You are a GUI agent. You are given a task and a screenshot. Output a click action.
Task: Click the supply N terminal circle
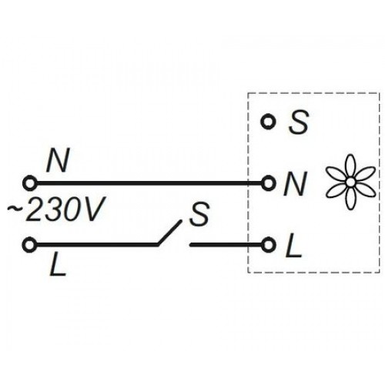[x=30, y=183]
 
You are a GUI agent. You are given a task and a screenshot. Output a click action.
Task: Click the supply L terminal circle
[x=30, y=244]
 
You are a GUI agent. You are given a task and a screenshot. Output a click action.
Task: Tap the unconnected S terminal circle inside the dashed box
[x=268, y=122]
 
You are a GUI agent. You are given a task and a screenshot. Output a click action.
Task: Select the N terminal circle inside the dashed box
[x=268, y=183]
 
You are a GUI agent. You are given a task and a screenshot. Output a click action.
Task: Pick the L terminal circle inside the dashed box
[x=268, y=244]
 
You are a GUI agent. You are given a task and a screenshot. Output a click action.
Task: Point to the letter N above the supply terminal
[x=58, y=161]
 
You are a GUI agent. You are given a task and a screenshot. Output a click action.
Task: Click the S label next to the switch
[x=199, y=214]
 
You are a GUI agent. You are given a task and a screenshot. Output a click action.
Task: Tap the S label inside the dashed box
[x=298, y=122]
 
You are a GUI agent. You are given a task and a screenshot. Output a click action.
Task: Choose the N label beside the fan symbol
[x=295, y=184]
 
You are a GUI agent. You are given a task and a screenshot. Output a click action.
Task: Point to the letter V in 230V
[x=92, y=209]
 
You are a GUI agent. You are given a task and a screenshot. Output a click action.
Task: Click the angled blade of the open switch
[x=169, y=233]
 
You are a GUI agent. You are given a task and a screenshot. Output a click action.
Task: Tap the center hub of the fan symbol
[x=350, y=182]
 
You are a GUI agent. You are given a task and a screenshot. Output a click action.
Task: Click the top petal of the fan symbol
[x=350, y=166]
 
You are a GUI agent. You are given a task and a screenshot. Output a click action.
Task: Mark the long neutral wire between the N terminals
[x=149, y=183]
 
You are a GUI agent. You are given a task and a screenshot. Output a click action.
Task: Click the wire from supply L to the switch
[x=97, y=244]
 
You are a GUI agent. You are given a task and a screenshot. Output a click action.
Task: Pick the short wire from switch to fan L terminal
[x=226, y=244]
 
